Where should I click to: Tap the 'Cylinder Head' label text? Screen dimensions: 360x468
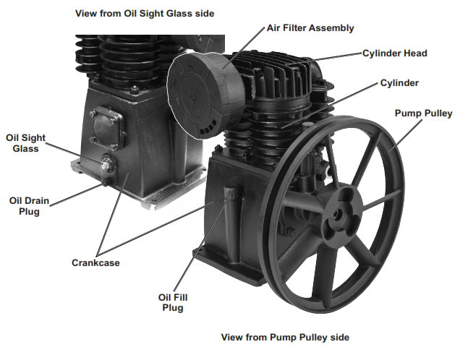click(395, 53)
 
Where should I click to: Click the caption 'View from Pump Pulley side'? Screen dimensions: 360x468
click(286, 338)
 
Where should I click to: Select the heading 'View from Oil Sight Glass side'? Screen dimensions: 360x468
click(145, 13)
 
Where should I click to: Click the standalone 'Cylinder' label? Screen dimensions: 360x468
click(399, 83)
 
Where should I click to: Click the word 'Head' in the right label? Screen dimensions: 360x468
click(415, 53)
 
